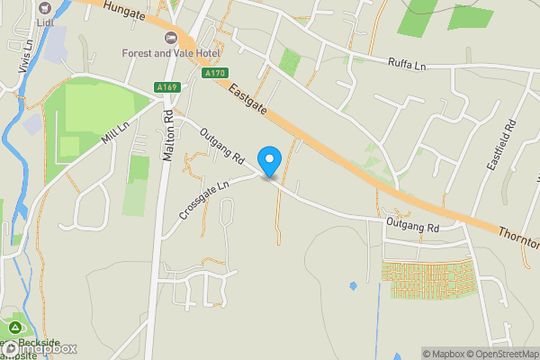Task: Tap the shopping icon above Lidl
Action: coord(45,7)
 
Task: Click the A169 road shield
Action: coord(165,88)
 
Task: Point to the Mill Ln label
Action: coord(116,135)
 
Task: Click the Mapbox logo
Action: coord(40,349)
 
